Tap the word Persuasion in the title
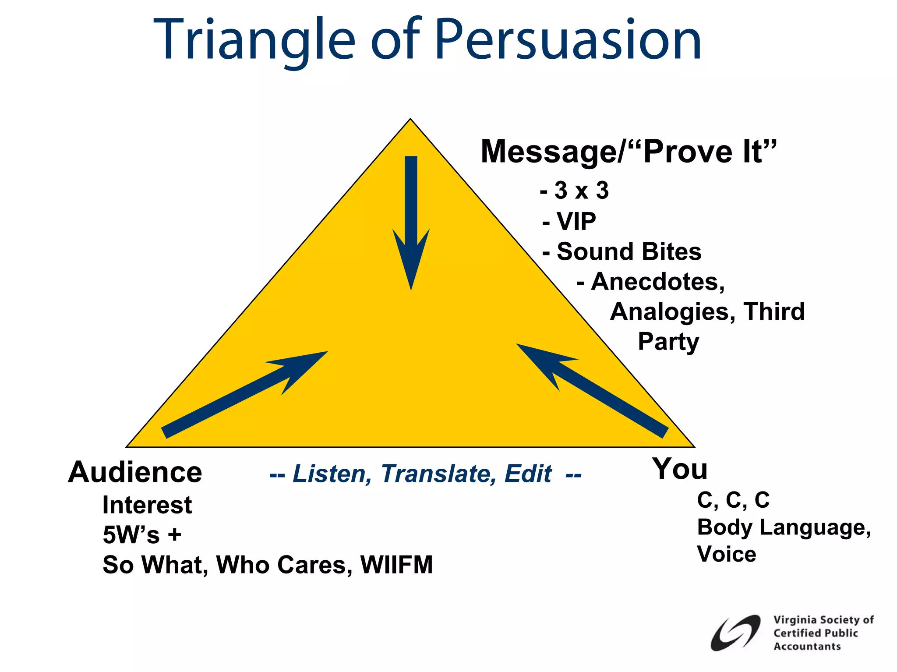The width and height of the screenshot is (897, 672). coord(568,40)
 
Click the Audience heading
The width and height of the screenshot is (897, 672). coord(135,472)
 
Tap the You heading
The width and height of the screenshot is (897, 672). coord(679,469)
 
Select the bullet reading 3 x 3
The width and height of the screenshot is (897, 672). coord(575,191)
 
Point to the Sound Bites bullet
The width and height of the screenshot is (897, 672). coord(622,252)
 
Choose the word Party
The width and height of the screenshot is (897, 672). coord(668,342)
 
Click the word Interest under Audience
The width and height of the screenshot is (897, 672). coord(147,505)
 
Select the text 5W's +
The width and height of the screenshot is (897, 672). coord(141,535)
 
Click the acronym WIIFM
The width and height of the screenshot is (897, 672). coord(396,565)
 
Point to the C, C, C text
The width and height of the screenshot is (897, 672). coord(733,500)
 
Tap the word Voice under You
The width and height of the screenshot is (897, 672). coord(727,554)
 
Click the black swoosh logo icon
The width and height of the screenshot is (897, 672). coord(735,633)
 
